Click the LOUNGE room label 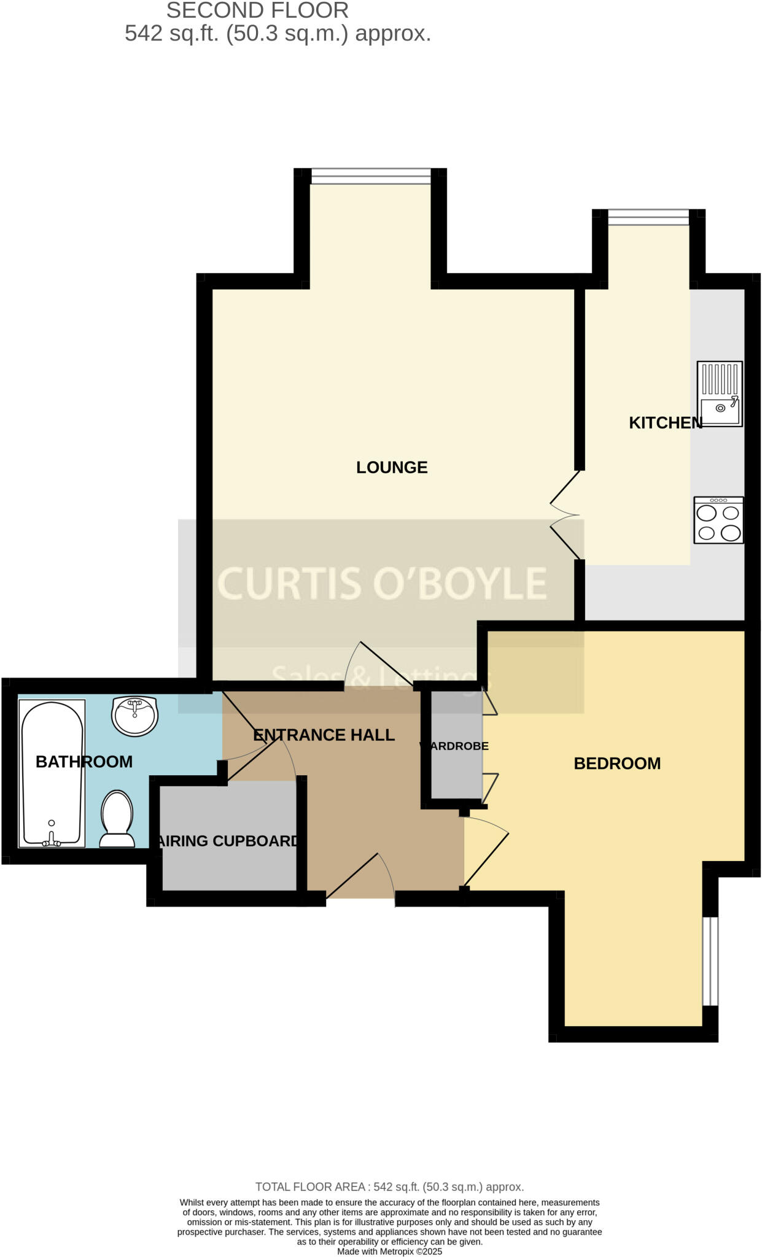[392, 468]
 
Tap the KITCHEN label [665, 423]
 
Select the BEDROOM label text [617, 764]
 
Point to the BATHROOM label [84, 762]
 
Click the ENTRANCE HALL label [324, 735]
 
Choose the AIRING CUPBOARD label [228, 841]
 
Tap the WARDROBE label [454, 746]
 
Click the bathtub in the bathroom [52, 773]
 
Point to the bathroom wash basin [135, 716]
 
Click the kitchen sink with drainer [720, 393]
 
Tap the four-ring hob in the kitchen [718, 520]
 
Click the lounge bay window [371, 176]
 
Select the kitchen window [648, 217]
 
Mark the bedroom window [710, 961]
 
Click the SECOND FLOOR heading [257, 10]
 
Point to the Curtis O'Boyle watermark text [382, 583]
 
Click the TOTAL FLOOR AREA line [389, 1187]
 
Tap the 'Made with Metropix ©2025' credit [389, 1251]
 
